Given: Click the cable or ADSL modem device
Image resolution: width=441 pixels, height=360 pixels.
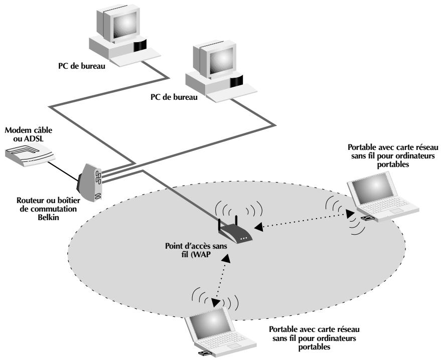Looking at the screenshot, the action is (29, 154).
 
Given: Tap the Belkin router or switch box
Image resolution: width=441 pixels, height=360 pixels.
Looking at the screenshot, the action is (90, 183).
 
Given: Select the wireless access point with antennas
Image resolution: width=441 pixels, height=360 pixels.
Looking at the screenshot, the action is (235, 231).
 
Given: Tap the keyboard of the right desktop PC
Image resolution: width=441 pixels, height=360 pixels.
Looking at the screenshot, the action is (231, 92).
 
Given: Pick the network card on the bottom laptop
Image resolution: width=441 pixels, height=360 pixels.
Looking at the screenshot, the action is (205, 352).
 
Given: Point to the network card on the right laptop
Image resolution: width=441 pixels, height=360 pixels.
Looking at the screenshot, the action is (368, 219).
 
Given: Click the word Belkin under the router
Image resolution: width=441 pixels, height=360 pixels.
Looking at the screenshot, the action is (48, 217).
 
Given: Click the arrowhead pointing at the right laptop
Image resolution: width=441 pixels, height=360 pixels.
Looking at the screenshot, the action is (350, 214).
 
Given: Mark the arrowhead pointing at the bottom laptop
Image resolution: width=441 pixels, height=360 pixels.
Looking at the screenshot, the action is (216, 303).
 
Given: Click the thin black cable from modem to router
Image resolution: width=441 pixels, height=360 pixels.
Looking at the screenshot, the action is (64, 171).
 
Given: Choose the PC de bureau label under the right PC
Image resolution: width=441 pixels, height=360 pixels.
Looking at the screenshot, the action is (174, 97).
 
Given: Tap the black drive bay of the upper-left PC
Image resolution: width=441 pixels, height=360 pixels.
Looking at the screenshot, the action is (140, 46).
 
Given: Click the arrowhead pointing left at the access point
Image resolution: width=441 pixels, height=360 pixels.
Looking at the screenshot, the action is (258, 227).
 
